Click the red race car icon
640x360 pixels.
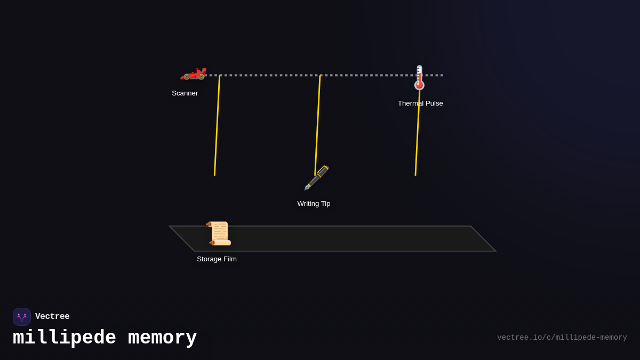coord(193,74)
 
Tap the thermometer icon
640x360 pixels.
coord(419,77)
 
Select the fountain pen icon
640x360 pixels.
coord(316,178)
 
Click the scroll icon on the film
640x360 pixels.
coord(219,233)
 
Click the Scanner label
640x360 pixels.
coord(185,93)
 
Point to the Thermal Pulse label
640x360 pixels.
coord(420,103)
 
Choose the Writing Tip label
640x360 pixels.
coord(314,204)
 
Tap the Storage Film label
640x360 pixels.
coord(217,259)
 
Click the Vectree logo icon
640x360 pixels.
coord(22,317)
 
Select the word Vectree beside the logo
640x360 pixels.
coord(52,317)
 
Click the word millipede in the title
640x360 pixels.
coord(65,338)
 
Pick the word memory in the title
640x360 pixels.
coord(162,338)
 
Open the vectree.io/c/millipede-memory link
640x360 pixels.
coord(562,338)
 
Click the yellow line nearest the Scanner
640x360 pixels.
coord(217,126)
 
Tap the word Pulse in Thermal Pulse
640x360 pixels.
coord(433,103)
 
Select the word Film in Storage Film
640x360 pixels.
coord(229,259)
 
